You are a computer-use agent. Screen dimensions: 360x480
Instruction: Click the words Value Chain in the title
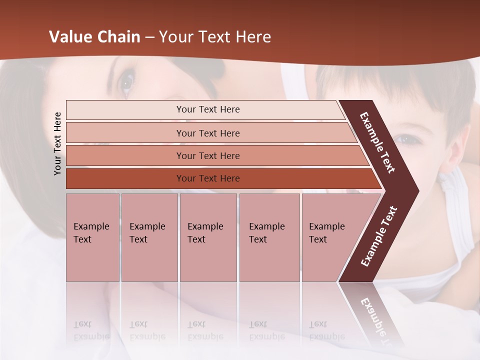coord(94,37)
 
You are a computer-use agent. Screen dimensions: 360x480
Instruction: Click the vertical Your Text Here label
coord(57,143)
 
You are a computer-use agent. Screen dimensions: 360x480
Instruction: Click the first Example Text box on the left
coord(92,237)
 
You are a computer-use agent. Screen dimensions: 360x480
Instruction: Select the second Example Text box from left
coord(149,237)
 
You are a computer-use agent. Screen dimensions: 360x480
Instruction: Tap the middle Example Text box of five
coord(208,237)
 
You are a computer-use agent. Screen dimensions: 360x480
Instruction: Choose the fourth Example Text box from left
coord(269,237)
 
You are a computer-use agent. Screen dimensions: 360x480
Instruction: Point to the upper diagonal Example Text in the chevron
coord(377,143)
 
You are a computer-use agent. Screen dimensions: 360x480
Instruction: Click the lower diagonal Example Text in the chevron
coord(379,236)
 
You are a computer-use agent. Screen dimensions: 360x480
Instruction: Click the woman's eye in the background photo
coord(127,81)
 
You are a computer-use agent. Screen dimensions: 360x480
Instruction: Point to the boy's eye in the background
coord(404,139)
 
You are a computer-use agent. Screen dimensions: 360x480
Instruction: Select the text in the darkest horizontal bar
coord(208,178)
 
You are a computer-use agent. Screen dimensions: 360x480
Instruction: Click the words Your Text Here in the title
coord(215,37)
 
